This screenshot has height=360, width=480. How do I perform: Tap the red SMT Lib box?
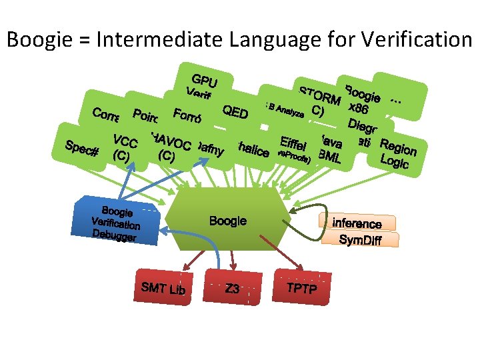click(163, 288)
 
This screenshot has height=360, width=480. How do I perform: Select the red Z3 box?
click(231, 288)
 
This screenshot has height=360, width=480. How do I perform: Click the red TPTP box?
click(301, 287)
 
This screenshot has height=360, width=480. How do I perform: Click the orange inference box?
click(357, 223)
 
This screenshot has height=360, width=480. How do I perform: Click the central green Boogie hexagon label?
click(227, 221)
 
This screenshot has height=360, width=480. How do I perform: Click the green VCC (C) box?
click(125, 149)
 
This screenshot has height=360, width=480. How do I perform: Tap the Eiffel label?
click(293, 143)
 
